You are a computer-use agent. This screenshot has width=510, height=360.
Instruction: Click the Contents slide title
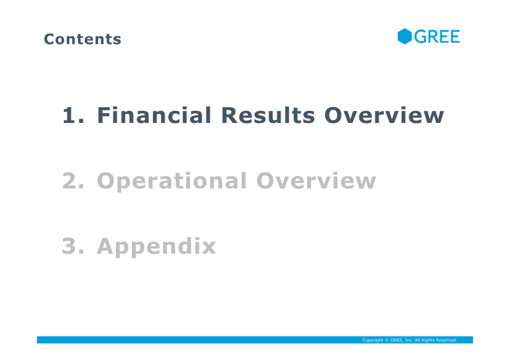point(83,39)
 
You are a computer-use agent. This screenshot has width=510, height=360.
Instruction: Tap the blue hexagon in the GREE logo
point(405,36)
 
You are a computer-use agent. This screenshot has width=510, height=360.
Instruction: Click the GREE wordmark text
point(437,36)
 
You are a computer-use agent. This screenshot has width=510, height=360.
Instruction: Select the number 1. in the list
point(73,115)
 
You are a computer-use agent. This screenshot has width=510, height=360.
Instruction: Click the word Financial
point(154,115)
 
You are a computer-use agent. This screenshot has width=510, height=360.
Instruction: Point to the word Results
point(268,115)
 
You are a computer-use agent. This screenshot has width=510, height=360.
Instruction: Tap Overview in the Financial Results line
point(384,115)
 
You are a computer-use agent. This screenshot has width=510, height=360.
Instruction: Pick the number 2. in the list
point(73,181)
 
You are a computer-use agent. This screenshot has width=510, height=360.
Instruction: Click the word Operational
point(171,182)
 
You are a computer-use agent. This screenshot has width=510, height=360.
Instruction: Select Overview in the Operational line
point(316,180)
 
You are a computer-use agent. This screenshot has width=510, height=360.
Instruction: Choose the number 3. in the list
point(73,246)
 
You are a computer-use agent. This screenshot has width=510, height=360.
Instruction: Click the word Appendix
point(156,247)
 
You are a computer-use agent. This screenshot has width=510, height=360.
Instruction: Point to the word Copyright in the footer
point(373,340)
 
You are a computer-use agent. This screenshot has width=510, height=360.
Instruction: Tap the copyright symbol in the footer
point(387,340)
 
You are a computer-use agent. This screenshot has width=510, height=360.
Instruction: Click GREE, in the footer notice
point(397,340)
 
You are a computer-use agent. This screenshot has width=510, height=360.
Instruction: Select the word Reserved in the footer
point(447,340)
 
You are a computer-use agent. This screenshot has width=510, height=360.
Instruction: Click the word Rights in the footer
point(428,340)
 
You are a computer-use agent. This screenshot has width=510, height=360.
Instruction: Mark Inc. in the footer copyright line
point(409,340)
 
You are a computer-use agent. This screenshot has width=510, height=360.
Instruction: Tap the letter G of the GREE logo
point(420,36)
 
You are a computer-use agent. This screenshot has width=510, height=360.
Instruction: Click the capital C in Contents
point(49,39)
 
